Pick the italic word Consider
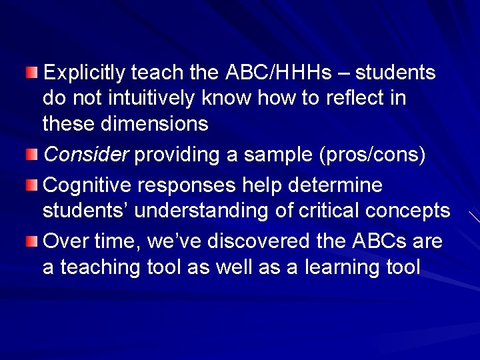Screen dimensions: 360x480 [85, 155]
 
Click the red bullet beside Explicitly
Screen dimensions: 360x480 [32, 72]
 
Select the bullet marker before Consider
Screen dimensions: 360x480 [32, 155]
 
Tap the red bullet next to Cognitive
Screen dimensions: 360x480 [32, 185]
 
